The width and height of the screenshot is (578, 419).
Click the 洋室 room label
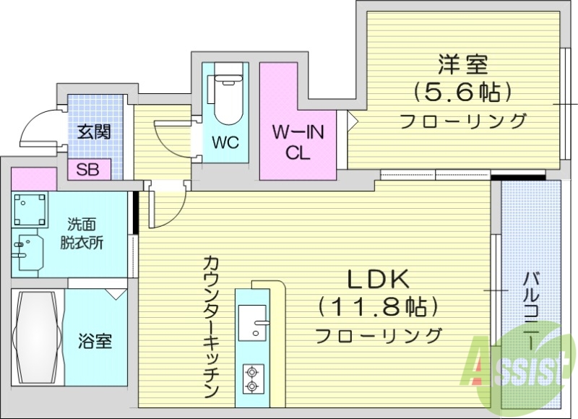462,65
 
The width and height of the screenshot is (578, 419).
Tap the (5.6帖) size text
462,92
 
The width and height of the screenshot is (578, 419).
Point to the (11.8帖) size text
378,308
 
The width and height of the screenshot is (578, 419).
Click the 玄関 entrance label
94,132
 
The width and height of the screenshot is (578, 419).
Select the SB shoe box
89,170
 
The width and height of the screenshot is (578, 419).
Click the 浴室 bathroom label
95,340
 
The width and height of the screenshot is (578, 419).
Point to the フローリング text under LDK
378,335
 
